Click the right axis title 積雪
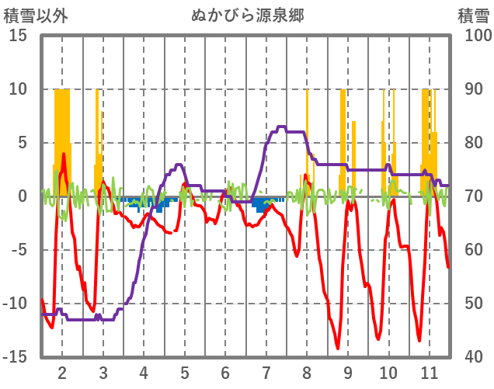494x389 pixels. point(473,15)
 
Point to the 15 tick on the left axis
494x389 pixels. point(19,36)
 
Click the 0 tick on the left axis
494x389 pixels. point(23,196)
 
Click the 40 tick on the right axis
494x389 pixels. point(475,357)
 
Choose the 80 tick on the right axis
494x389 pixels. point(475,143)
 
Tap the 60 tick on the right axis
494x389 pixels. point(475,250)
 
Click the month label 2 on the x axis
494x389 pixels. point(62,372)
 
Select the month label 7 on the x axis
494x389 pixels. point(266,372)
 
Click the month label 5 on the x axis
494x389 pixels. point(184,372)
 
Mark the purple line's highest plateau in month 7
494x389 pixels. point(281,127)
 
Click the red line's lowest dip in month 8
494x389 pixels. point(337,348)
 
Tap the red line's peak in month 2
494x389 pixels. point(64,155)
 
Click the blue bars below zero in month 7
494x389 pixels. point(260,206)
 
